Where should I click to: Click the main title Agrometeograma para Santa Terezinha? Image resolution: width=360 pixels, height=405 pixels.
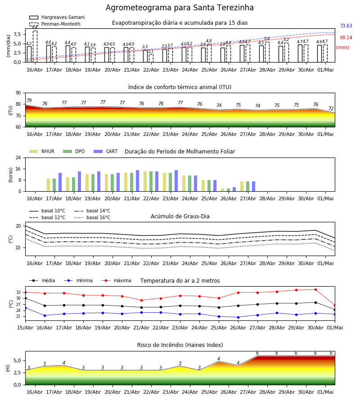point(180,8)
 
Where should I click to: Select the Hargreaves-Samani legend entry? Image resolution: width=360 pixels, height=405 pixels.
point(57,17)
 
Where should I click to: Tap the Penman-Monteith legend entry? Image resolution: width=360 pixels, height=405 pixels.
point(55,24)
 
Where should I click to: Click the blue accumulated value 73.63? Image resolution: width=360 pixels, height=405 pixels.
point(346,26)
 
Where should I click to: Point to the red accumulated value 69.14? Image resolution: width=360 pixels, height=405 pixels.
point(346,37)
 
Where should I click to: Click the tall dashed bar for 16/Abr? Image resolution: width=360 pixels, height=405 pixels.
point(35,46)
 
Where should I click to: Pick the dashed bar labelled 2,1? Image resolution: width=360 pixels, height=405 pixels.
point(151,58)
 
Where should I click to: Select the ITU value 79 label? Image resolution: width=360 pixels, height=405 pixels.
point(29,100)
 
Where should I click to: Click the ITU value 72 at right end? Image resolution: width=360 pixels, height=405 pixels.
point(331,109)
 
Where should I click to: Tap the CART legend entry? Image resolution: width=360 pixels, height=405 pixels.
point(106,151)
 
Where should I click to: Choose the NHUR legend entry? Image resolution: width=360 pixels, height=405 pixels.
point(42,151)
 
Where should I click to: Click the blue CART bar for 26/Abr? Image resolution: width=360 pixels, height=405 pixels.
point(234,189)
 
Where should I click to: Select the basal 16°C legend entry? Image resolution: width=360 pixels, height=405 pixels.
point(92,217)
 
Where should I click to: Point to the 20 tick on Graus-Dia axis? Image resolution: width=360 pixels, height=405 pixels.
point(18,226)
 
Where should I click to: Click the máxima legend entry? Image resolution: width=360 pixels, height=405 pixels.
point(116,280)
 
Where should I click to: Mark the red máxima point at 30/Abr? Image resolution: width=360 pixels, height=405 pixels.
point(315,289)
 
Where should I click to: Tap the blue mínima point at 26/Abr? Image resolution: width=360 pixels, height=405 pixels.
point(238,317)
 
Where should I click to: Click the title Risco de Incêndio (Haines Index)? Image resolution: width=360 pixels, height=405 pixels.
point(180,345)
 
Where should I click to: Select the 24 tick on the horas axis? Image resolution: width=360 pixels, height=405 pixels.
point(18,157)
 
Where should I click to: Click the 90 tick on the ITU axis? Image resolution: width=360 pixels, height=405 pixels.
point(18,93)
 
